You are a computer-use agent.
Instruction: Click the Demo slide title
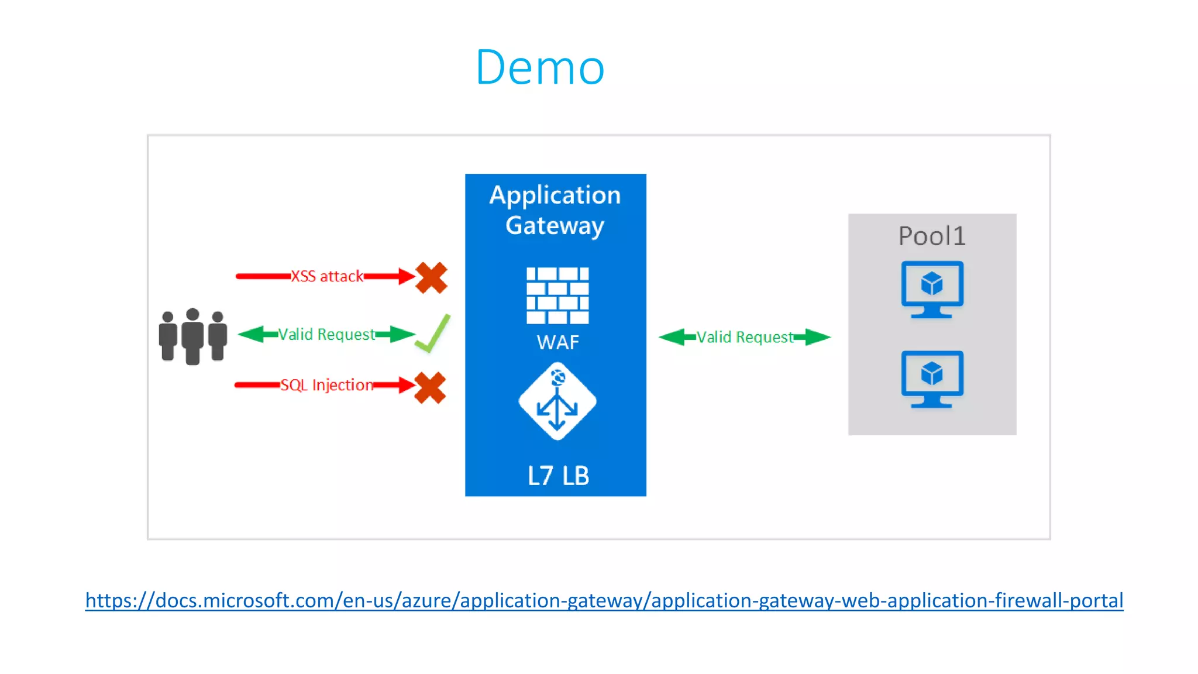[539, 68]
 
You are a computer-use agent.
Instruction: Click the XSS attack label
[327, 276]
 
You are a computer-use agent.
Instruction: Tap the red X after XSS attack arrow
[432, 277]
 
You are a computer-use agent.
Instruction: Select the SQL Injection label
[326, 385]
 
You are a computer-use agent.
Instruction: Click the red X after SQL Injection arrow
[430, 388]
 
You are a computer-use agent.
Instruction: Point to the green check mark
[433, 333]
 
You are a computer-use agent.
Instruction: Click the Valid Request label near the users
[326, 335]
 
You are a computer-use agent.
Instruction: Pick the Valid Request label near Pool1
[744, 338]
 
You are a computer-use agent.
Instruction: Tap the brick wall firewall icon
[557, 295]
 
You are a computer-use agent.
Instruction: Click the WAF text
[557, 342]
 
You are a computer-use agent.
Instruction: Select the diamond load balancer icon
[557, 401]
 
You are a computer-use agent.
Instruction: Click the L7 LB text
[557, 476]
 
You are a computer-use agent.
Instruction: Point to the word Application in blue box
[555, 195]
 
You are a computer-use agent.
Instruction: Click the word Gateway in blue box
[555, 226]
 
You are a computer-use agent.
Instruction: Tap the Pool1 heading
[931, 236]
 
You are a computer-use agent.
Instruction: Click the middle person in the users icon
[192, 336]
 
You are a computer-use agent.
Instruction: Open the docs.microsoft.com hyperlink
[604, 601]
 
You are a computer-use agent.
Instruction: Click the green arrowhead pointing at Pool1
[818, 337]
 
